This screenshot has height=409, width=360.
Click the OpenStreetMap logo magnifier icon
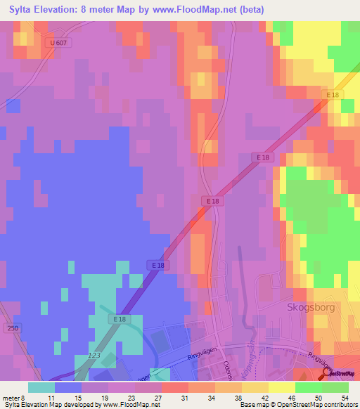[326, 372]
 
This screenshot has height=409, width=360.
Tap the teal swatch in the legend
[41, 387]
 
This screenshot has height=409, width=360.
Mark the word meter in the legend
[11, 398]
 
